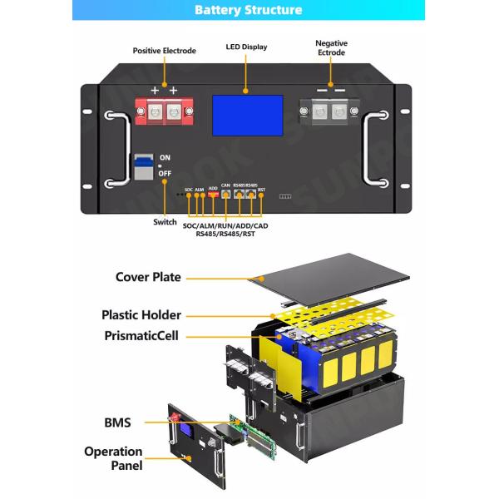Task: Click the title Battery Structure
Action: (249, 11)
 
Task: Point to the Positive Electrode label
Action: (165, 51)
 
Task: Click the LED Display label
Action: (248, 47)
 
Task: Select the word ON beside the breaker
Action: (165, 158)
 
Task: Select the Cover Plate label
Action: (148, 277)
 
